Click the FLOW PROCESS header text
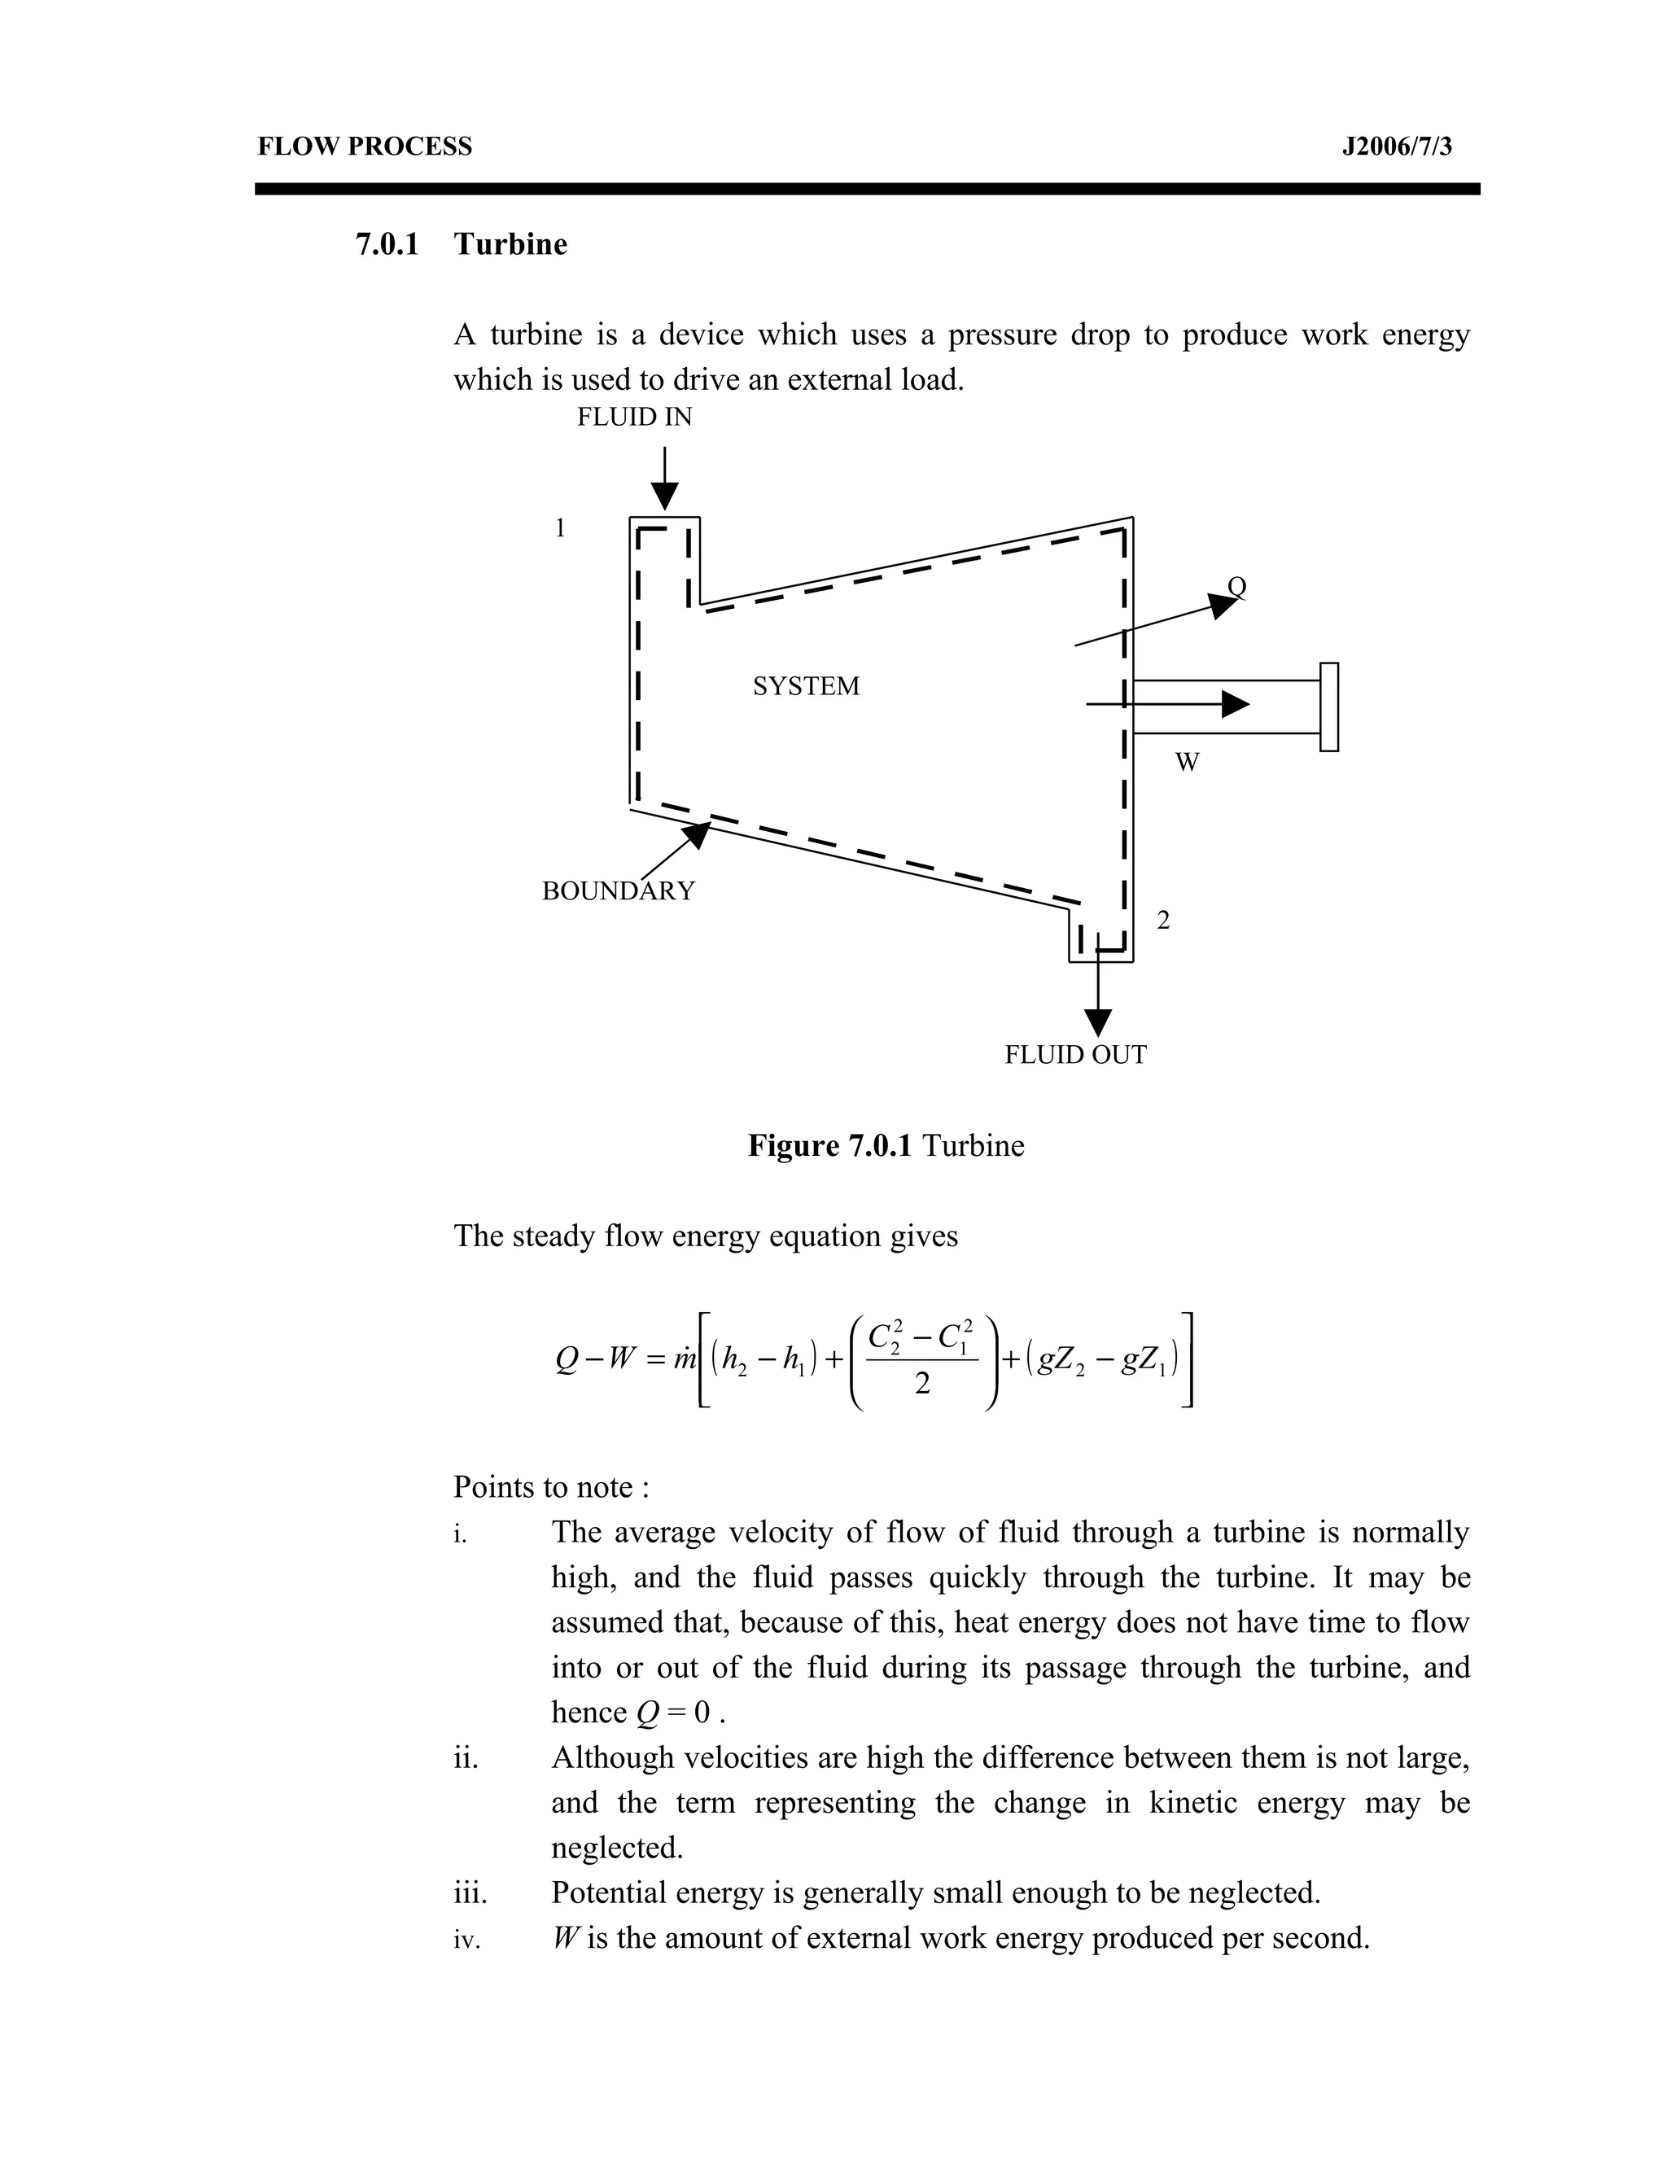[365, 147]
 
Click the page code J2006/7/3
[1397, 147]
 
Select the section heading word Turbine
[510, 244]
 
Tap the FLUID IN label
[634, 417]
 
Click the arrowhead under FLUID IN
[666, 496]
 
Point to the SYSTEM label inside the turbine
[806, 685]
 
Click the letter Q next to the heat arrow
[1236, 587]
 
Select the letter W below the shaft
[1187, 762]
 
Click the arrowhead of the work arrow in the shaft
[1235, 704]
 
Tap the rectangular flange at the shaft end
[1328, 707]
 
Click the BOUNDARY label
[619, 890]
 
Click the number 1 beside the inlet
[560, 528]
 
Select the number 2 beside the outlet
[1163, 921]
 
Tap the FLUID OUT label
[1075, 1055]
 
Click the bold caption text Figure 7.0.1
[829, 1146]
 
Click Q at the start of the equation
[566, 1361]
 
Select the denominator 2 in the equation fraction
[921, 1385]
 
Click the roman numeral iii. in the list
[470, 1893]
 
